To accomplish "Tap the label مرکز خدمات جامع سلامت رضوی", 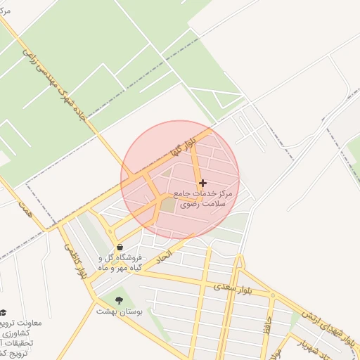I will pyautogui.click(x=206, y=198).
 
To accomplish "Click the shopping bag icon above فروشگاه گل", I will pyautogui.click(x=122, y=247).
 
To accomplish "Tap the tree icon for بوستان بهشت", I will pyautogui.click(x=117, y=300).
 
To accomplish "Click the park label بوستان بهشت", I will pyautogui.click(x=119, y=311).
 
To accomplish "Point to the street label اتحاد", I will pyautogui.click(x=179, y=247).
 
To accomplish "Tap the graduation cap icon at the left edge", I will pyautogui.click(x=4, y=312).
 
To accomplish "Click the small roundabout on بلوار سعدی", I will pyautogui.click(x=271, y=295).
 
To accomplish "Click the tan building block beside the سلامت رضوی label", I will pyautogui.click(x=167, y=205).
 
